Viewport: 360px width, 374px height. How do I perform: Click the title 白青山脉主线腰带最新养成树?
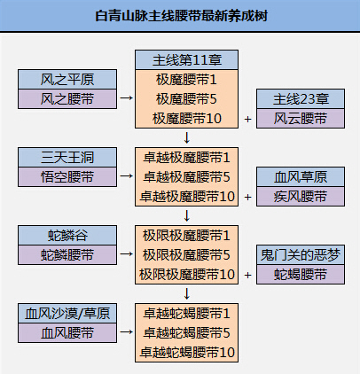click(x=181, y=16)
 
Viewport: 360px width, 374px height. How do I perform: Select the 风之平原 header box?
click(x=67, y=79)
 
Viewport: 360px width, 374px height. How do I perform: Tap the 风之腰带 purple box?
click(x=67, y=98)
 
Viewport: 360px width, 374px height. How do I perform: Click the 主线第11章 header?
click(x=186, y=60)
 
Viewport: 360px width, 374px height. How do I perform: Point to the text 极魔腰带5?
click(x=186, y=99)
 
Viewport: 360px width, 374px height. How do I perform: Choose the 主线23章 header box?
click(x=301, y=98)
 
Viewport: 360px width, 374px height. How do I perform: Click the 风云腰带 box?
click(x=301, y=118)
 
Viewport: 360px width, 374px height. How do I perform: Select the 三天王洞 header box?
click(x=67, y=157)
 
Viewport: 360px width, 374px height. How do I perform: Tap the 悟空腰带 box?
click(x=67, y=176)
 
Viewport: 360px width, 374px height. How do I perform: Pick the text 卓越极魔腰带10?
click(x=187, y=197)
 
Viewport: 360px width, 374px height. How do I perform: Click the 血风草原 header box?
click(x=301, y=176)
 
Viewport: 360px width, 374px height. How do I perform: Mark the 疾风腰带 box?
click(x=301, y=196)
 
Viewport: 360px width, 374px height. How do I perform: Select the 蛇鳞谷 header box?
click(x=67, y=235)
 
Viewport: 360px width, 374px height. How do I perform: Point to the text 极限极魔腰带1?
click(x=186, y=236)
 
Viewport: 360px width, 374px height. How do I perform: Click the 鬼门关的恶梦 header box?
click(x=301, y=254)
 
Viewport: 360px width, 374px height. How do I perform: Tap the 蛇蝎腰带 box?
click(x=301, y=274)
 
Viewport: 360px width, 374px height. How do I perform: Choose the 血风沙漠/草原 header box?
click(x=67, y=313)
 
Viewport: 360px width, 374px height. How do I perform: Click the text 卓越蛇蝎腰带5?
click(x=186, y=333)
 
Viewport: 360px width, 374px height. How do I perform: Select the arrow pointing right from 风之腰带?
click(x=126, y=97)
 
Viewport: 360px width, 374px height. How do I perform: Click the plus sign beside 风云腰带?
click(x=247, y=119)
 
